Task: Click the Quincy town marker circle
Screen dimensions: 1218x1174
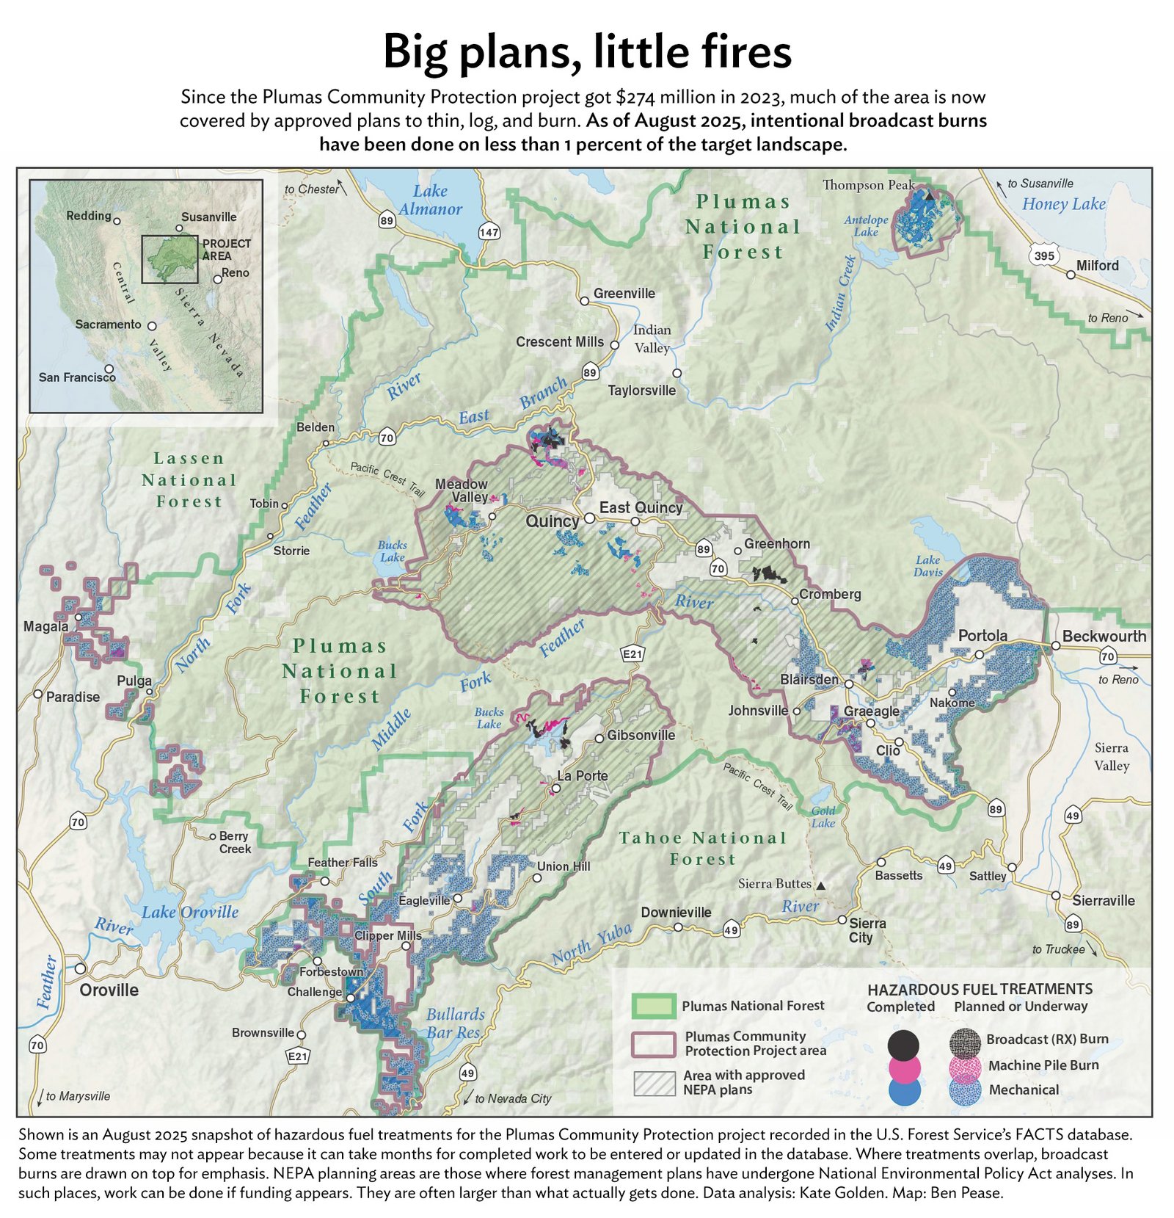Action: point(588,518)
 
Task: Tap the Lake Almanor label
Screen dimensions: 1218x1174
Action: point(431,200)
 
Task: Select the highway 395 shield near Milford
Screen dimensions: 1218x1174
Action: point(1043,255)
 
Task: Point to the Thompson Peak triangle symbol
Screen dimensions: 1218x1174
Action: point(928,196)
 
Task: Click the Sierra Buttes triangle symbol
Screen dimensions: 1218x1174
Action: point(821,886)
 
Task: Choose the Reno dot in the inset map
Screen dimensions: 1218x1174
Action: point(217,280)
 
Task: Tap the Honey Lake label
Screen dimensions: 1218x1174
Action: point(1063,204)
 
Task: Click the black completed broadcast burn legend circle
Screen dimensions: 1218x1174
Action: point(903,1044)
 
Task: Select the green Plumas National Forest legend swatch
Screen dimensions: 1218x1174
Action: point(653,1006)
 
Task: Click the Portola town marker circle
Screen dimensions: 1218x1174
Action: point(979,654)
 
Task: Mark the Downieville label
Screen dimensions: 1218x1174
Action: point(676,912)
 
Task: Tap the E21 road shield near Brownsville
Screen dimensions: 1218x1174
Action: point(297,1056)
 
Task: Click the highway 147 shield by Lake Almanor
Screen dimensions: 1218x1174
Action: point(489,232)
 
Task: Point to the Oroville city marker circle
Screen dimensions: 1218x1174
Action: point(80,968)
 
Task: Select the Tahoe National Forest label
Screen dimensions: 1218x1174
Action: point(702,848)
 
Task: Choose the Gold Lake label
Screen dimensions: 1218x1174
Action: point(823,816)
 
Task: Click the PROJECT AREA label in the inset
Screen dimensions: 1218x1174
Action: point(227,250)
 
